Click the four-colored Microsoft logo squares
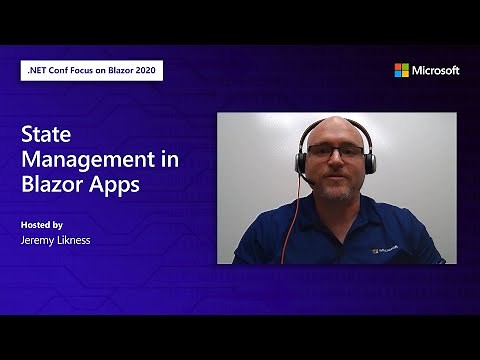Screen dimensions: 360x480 pyautogui.click(x=401, y=70)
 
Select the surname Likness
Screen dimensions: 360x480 pyautogui.click(x=83, y=240)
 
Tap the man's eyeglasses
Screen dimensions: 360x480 pyautogui.click(x=335, y=151)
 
